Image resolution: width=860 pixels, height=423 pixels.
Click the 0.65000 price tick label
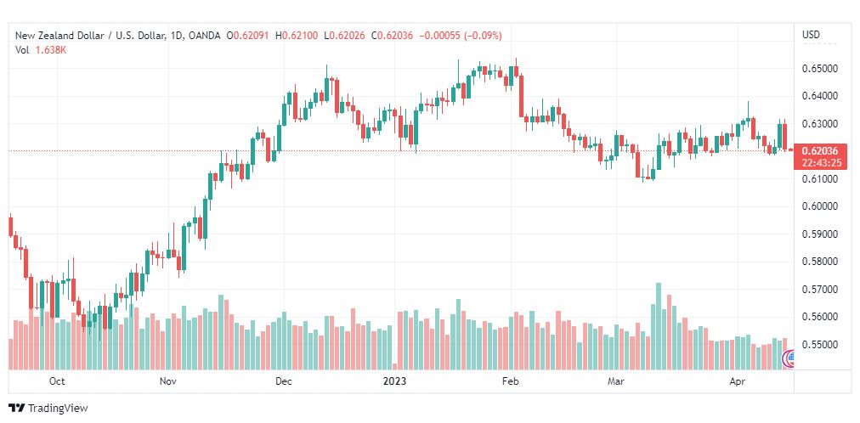(819, 69)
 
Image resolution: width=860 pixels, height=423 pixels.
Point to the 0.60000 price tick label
(819, 206)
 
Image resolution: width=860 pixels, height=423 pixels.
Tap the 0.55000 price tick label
(819, 345)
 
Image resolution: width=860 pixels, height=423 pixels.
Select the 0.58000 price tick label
(819, 262)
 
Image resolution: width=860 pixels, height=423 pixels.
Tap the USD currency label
(812, 35)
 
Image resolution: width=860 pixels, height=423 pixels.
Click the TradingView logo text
(57, 409)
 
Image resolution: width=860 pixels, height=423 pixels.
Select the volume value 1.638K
(51, 50)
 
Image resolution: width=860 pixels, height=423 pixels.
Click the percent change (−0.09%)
(484, 36)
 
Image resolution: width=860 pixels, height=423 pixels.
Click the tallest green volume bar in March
(658, 326)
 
